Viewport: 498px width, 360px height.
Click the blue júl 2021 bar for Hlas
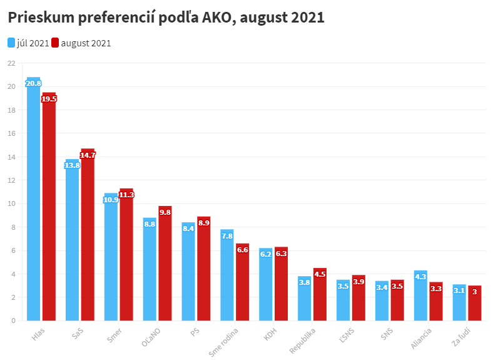[33, 200]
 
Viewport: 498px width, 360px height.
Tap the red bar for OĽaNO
[165, 264]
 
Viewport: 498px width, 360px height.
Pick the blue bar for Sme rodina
[227, 275]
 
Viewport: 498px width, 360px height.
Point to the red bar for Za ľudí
[475, 303]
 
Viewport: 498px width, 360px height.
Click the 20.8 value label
[33, 83]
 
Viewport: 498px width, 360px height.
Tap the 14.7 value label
[88, 155]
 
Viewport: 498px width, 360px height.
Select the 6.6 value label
[243, 250]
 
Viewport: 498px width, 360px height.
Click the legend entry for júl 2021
[28, 43]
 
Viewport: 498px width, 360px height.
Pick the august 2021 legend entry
[81, 43]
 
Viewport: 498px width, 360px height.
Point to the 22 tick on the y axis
[11, 63]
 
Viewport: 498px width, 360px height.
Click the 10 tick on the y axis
[11, 203]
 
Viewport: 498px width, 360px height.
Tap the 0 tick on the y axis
[13, 321]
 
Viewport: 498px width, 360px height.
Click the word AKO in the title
[218, 18]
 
